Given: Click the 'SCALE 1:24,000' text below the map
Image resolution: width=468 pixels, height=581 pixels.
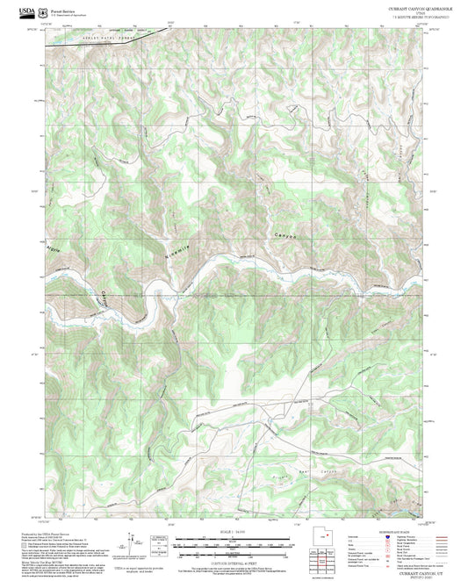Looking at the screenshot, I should tap(234, 533).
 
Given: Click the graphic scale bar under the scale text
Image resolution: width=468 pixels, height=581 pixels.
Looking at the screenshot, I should tap(234, 542).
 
